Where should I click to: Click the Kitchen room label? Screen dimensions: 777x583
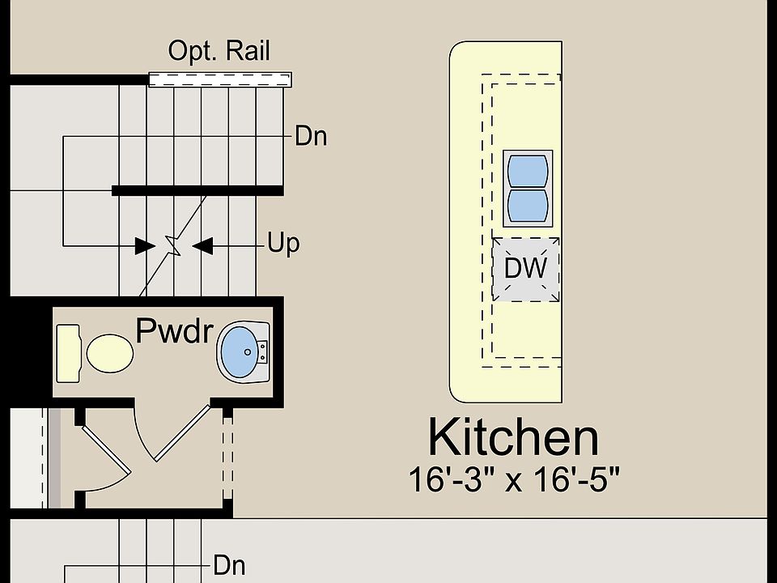click(513, 436)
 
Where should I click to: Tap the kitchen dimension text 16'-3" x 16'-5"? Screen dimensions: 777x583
click(514, 479)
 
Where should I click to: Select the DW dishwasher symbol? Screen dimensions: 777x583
click(526, 269)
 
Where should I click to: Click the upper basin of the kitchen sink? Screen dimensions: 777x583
click(528, 171)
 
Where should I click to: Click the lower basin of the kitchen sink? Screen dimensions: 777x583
click(528, 206)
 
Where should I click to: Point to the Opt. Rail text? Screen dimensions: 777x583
click(219, 50)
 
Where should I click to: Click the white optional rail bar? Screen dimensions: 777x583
click(220, 79)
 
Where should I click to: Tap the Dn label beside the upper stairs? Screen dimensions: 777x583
click(311, 136)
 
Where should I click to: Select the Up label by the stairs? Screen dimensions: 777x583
click(283, 244)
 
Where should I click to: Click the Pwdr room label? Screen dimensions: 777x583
click(175, 330)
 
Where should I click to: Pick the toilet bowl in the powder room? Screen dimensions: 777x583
click(110, 354)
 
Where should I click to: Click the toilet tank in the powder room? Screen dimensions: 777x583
click(68, 354)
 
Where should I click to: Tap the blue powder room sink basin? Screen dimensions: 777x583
click(240, 351)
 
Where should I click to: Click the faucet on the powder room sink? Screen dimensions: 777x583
click(262, 351)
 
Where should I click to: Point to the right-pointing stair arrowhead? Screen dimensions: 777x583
click(145, 246)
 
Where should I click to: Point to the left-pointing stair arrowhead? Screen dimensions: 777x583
click(202, 246)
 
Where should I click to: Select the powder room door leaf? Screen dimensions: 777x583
click(183, 433)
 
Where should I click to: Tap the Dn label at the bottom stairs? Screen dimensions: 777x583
click(229, 565)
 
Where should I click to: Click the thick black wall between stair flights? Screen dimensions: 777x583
click(197, 190)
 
